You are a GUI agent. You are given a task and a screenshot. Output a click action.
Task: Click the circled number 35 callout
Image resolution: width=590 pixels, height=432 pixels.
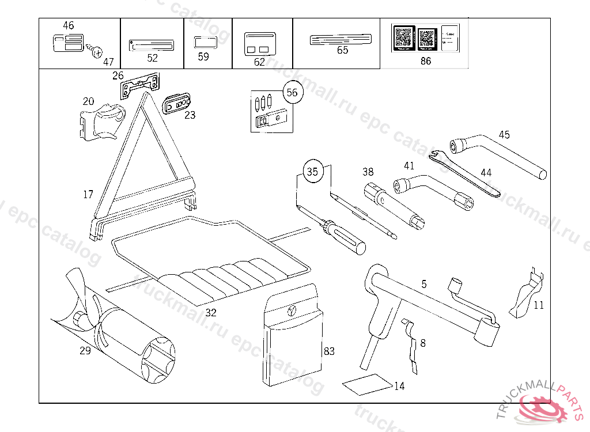click(312, 172)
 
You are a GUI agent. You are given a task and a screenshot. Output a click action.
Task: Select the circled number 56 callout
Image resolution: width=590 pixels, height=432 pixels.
click(292, 93)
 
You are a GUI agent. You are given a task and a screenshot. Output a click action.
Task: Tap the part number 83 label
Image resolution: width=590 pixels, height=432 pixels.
click(329, 351)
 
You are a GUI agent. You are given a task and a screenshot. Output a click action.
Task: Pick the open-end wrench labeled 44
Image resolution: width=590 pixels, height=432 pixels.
click(467, 173)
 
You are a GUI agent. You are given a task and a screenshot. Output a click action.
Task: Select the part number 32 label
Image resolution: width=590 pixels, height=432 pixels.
click(211, 313)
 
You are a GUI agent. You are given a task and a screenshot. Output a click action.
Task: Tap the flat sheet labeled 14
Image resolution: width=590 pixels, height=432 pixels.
click(365, 384)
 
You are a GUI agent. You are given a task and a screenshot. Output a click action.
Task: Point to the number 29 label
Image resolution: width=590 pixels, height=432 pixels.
click(85, 350)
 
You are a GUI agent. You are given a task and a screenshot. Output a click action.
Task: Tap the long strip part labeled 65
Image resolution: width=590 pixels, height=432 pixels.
click(342, 40)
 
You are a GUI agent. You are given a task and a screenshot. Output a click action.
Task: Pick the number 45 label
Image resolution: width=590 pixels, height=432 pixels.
click(504, 135)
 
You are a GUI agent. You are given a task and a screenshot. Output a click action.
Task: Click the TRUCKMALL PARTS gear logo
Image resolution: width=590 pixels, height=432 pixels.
click(544, 409)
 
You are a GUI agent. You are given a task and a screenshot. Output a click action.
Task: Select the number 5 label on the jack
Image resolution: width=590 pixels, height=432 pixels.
click(424, 284)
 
